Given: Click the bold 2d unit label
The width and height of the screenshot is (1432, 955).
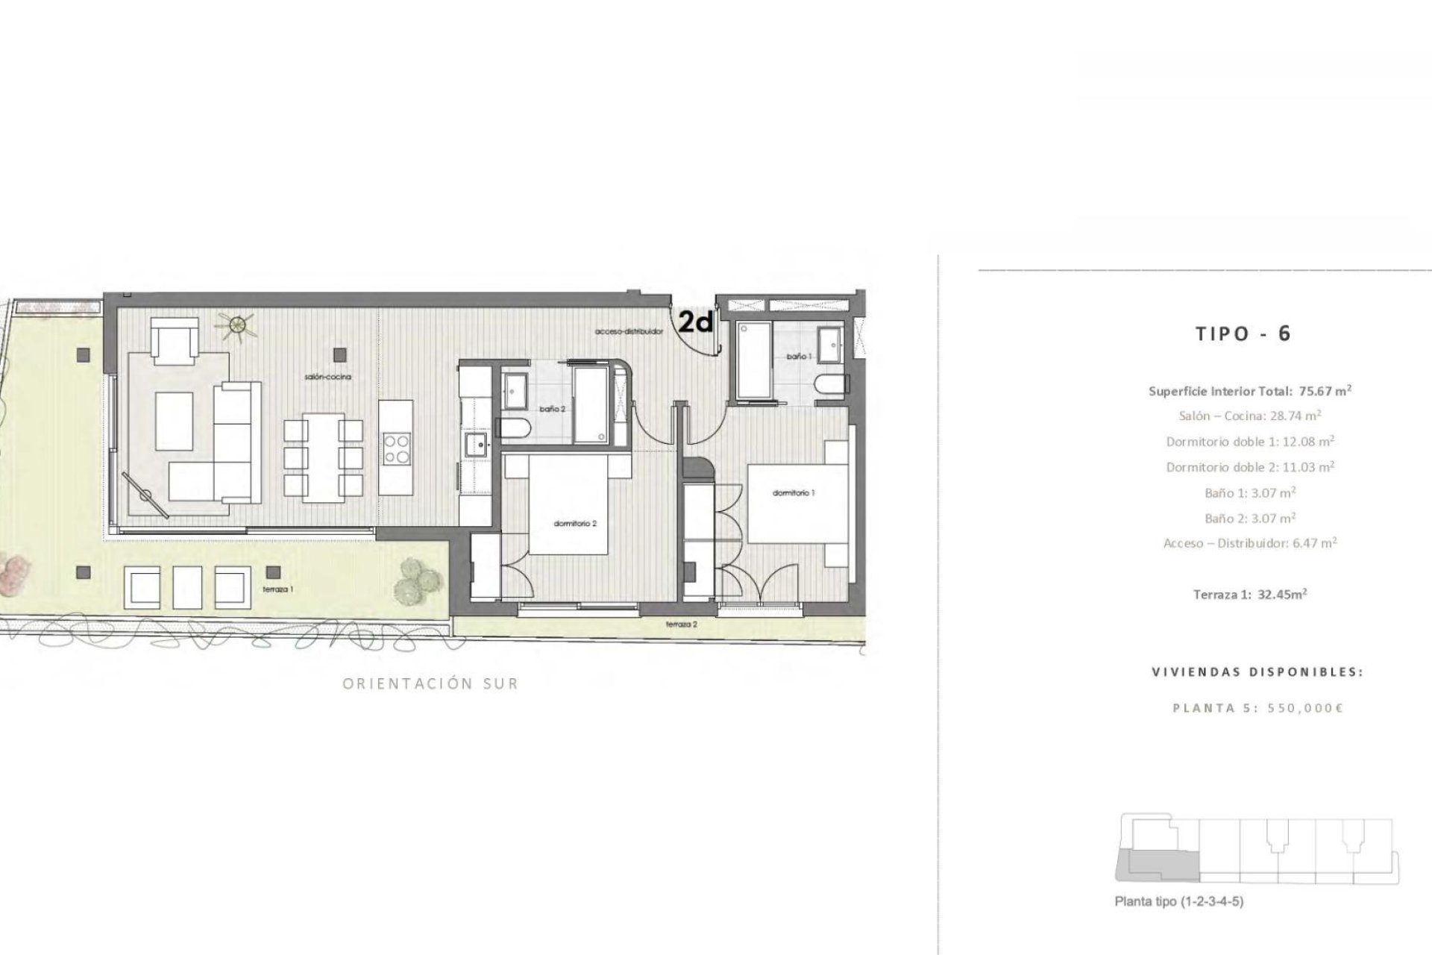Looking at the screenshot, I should coord(695,322).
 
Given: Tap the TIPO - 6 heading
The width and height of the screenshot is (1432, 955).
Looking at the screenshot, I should coord(1243,334).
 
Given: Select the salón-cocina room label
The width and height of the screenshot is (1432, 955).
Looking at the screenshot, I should coord(327,378).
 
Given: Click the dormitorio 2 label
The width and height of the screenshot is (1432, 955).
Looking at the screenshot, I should coord(575,524).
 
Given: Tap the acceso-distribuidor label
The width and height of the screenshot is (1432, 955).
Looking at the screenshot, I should coord(629,331).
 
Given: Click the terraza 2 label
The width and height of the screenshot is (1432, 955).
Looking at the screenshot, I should coord(682,624).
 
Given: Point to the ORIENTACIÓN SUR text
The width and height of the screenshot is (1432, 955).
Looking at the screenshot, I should coord(430,683).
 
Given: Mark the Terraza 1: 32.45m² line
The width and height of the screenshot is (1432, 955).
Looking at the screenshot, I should coord(1250,595).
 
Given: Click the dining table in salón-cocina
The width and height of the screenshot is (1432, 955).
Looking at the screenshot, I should coord(324,454).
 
